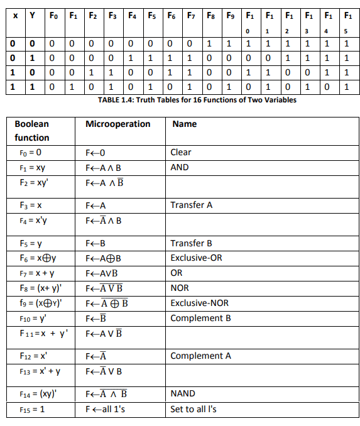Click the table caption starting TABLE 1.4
coord(197,99)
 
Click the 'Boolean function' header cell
coord(31,131)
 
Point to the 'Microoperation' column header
coord(118,124)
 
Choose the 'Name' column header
coord(184,124)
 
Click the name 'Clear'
coord(181,152)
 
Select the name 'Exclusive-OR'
coord(196,258)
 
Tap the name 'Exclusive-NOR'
coord(199,303)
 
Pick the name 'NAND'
coord(182,394)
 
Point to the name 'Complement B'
coord(200,318)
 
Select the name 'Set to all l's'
coord(194,410)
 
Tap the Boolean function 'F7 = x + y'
coord(35,273)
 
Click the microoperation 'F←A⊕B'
coord(102,258)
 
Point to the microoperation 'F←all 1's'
coord(105,410)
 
